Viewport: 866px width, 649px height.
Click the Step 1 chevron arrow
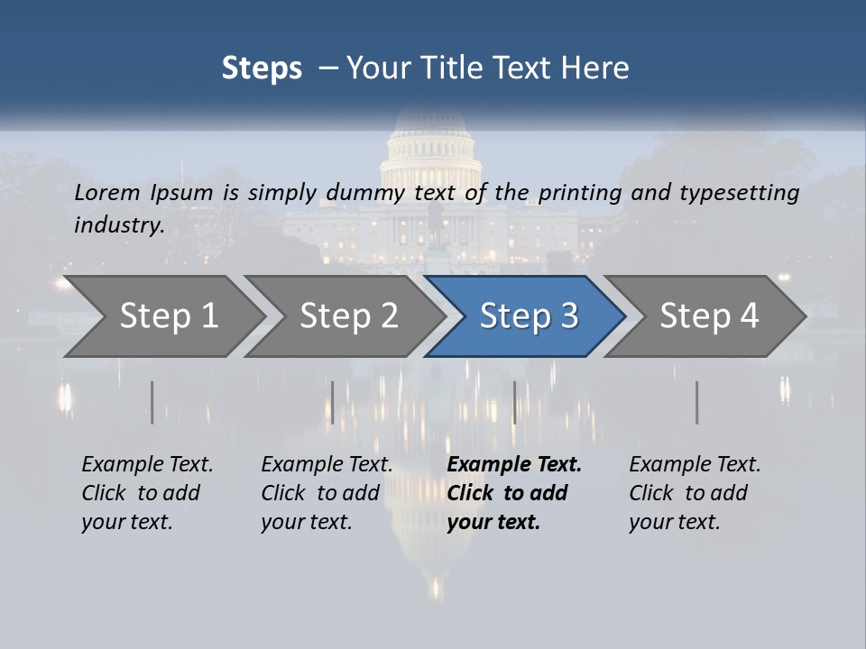click(x=167, y=316)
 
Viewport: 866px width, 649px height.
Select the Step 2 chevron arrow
click(x=347, y=316)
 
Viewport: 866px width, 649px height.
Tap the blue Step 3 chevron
click(x=528, y=316)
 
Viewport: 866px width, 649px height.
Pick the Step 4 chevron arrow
click(x=708, y=316)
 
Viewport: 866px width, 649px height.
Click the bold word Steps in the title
click(x=262, y=69)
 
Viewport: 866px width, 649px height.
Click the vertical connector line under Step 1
click(x=152, y=402)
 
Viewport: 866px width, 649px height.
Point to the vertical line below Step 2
click(x=333, y=402)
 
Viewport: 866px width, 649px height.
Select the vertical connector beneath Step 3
click(x=514, y=402)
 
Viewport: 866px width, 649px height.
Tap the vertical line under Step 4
click(x=696, y=402)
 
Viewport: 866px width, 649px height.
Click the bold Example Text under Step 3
click(x=514, y=492)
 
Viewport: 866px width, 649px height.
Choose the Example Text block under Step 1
click(x=147, y=492)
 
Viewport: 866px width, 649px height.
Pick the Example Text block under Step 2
click(x=327, y=492)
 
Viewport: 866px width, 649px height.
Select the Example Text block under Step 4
click(x=695, y=492)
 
